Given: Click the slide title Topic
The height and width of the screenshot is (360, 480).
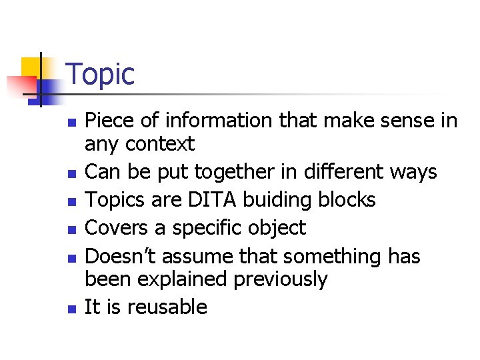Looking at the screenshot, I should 100,74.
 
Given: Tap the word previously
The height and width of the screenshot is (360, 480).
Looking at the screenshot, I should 281,279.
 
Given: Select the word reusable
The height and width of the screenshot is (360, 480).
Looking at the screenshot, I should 167,307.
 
